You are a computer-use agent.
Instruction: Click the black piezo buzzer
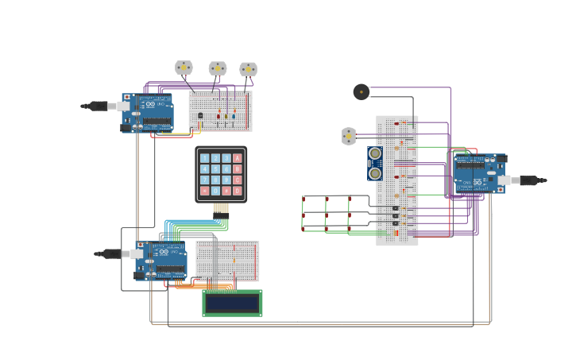click(x=361, y=92)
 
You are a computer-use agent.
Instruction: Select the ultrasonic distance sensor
click(x=375, y=163)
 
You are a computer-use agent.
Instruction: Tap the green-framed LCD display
click(x=232, y=303)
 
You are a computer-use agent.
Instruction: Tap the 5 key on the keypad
click(x=215, y=169)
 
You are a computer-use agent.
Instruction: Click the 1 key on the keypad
click(x=205, y=158)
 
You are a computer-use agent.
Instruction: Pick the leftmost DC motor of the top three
click(x=184, y=68)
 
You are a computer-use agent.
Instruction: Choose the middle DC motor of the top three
click(x=218, y=68)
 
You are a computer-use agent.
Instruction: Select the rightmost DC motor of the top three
click(x=249, y=69)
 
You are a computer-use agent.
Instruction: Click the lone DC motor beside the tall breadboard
click(x=349, y=136)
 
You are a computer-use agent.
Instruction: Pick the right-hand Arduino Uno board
click(x=479, y=172)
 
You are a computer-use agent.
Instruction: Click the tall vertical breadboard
click(x=396, y=180)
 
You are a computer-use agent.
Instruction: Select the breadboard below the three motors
click(x=220, y=110)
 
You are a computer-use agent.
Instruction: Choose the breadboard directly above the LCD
click(x=227, y=261)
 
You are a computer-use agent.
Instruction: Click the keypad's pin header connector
click(x=221, y=208)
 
